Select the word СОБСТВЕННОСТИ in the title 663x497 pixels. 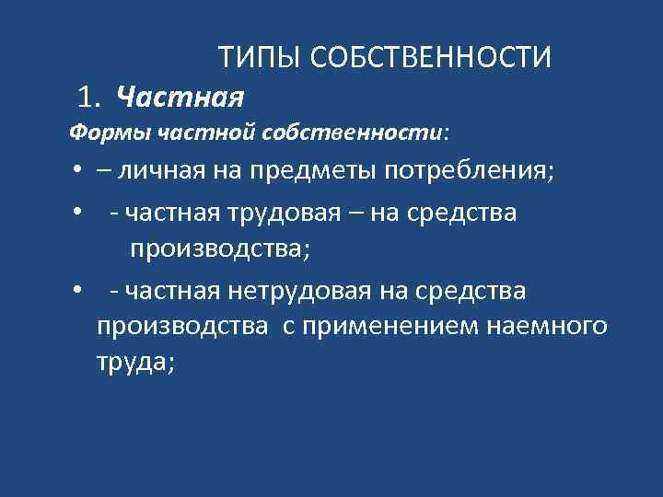pyautogui.click(x=432, y=58)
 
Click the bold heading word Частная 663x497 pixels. pyautogui.click(x=181, y=95)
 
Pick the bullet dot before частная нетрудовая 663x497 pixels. pyautogui.click(x=78, y=292)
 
